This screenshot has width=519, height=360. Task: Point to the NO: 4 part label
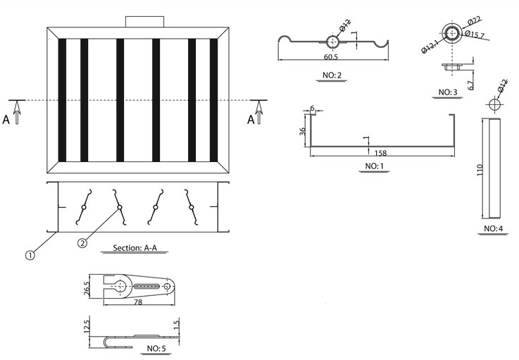(493, 229)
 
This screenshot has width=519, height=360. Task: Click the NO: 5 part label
(156, 348)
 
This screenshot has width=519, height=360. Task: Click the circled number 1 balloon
(30, 256)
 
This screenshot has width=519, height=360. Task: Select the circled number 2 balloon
(82, 243)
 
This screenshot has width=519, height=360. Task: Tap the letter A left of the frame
(6, 120)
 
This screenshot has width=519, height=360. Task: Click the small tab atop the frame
(144, 22)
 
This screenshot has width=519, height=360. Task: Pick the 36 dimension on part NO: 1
(302, 132)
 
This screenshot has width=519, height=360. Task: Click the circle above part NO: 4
(494, 104)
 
